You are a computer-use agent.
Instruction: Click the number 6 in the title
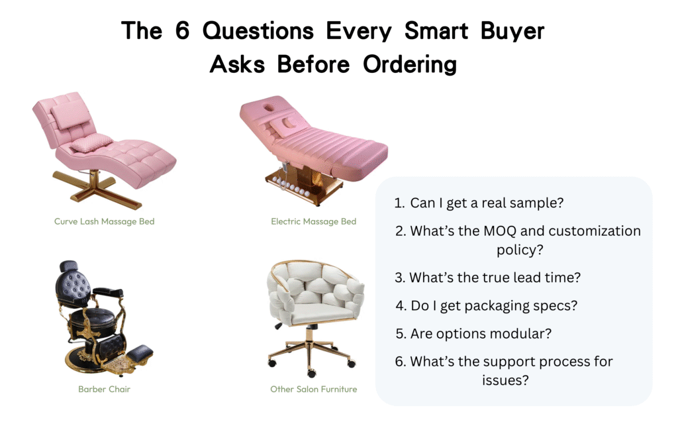pyautogui.click(x=182, y=30)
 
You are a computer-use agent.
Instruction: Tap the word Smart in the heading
pyautogui.click(x=436, y=30)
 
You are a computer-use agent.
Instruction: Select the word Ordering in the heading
pyautogui.click(x=409, y=65)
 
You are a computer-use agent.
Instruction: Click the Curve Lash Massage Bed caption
pyautogui.click(x=104, y=221)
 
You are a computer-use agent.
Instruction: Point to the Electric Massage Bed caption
pyautogui.click(x=313, y=221)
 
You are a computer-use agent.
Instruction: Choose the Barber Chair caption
pyautogui.click(x=104, y=389)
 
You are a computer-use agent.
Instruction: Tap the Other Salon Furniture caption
pyautogui.click(x=313, y=389)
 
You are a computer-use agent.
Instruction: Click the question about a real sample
pyautogui.click(x=479, y=203)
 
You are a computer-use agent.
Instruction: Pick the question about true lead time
pyautogui.click(x=487, y=278)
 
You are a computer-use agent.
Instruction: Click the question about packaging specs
pyautogui.click(x=487, y=305)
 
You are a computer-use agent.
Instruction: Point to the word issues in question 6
pyautogui.click(x=505, y=380)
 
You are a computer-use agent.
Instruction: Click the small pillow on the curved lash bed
pyautogui.click(x=91, y=143)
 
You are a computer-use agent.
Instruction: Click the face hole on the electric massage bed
pyautogui.click(x=269, y=107)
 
